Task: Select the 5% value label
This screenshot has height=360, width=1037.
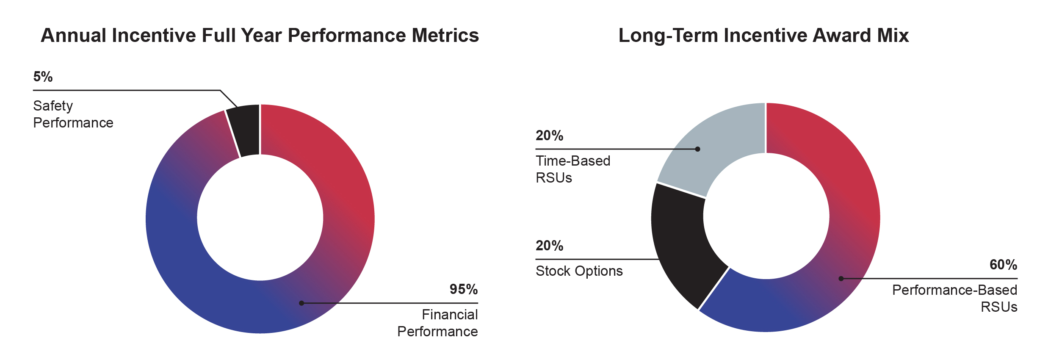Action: click(x=43, y=77)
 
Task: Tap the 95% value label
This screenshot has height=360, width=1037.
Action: click(x=463, y=289)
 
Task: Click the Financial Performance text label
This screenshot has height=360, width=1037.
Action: click(x=438, y=323)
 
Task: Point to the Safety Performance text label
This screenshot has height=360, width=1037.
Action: click(x=73, y=114)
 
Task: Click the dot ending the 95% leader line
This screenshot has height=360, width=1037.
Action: click(x=301, y=303)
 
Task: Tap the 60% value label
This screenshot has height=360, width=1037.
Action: click(x=1003, y=265)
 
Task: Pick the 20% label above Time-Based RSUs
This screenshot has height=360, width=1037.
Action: click(x=549, y=136)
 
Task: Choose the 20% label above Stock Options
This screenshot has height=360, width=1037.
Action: click(x=549, y=246)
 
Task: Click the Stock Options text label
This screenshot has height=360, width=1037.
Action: click(x=579, y=271)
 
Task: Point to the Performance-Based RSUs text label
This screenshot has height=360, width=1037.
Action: click(x=954, y=299)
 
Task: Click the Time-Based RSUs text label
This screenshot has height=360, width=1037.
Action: click(x=572, y=169)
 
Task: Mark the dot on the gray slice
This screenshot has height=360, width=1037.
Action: click(x=698, y=149)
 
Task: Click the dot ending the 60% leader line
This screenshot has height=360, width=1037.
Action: click(x=841, y=279)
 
